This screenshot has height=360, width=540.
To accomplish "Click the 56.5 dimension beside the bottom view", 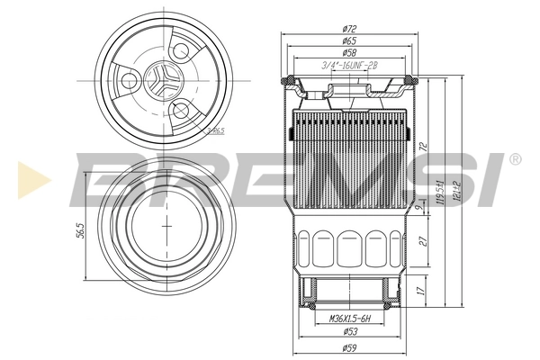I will tap(80, 230).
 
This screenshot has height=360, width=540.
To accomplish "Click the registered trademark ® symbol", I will tap(514, 159).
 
